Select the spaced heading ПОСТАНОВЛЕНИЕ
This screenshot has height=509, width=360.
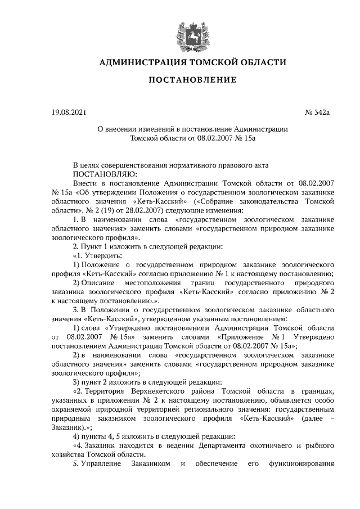[x=192, y=80]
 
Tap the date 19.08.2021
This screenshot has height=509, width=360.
[x=70, y=112]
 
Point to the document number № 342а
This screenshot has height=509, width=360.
[x=317, y=112]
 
